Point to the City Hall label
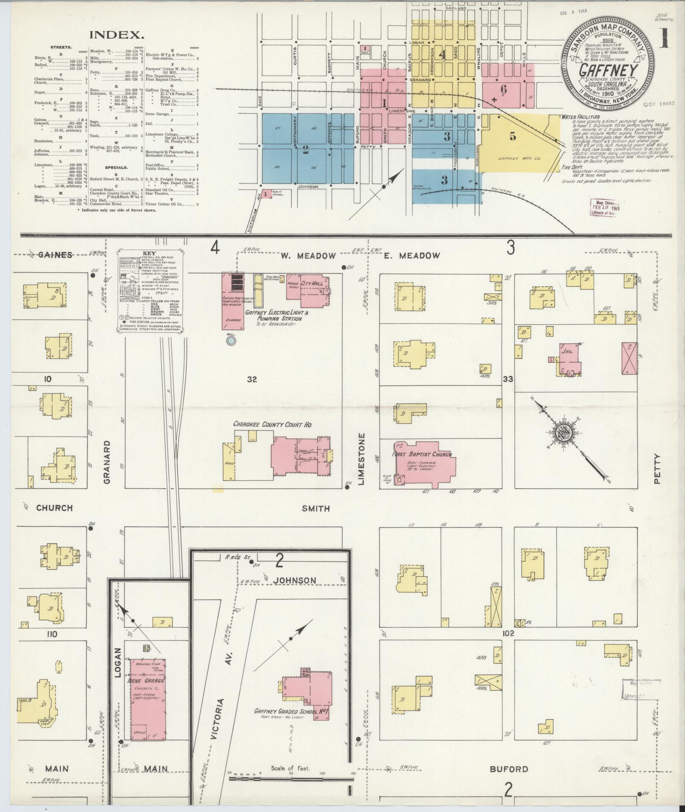tap(312, 283)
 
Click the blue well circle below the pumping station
tap(231, 340)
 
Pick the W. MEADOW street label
tap(308, 256)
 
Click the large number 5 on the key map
tap(513, 136)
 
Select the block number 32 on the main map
tap(252, 379)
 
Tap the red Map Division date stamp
tap(603, 208)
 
